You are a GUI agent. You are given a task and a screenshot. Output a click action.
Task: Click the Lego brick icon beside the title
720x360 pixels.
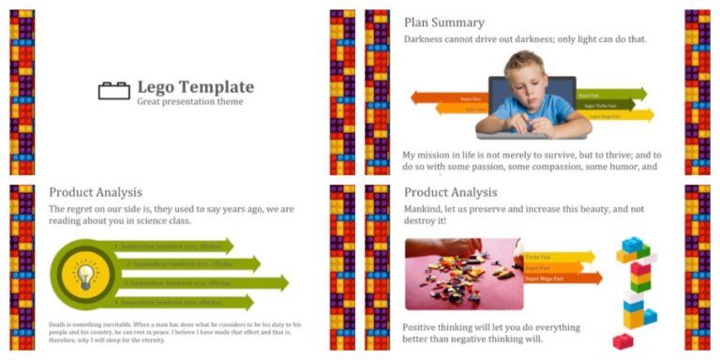click(x=113, y=91)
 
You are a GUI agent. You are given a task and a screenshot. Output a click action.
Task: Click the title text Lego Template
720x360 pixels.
click(x=195, y=87)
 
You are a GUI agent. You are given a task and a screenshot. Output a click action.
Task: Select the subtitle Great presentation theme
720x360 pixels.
click(x=183, y=101)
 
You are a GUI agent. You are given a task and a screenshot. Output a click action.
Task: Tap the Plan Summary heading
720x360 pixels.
click(x=443, y=22)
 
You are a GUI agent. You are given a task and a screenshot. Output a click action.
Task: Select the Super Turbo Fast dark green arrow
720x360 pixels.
click(x=609, y=105)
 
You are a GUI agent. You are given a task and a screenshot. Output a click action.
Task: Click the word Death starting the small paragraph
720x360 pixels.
click(x=58, y=324)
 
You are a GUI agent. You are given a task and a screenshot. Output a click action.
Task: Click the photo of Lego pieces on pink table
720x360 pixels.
click(x=463, y=273)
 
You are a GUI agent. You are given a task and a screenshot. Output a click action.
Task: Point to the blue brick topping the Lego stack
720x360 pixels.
click(x=634, y=246)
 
